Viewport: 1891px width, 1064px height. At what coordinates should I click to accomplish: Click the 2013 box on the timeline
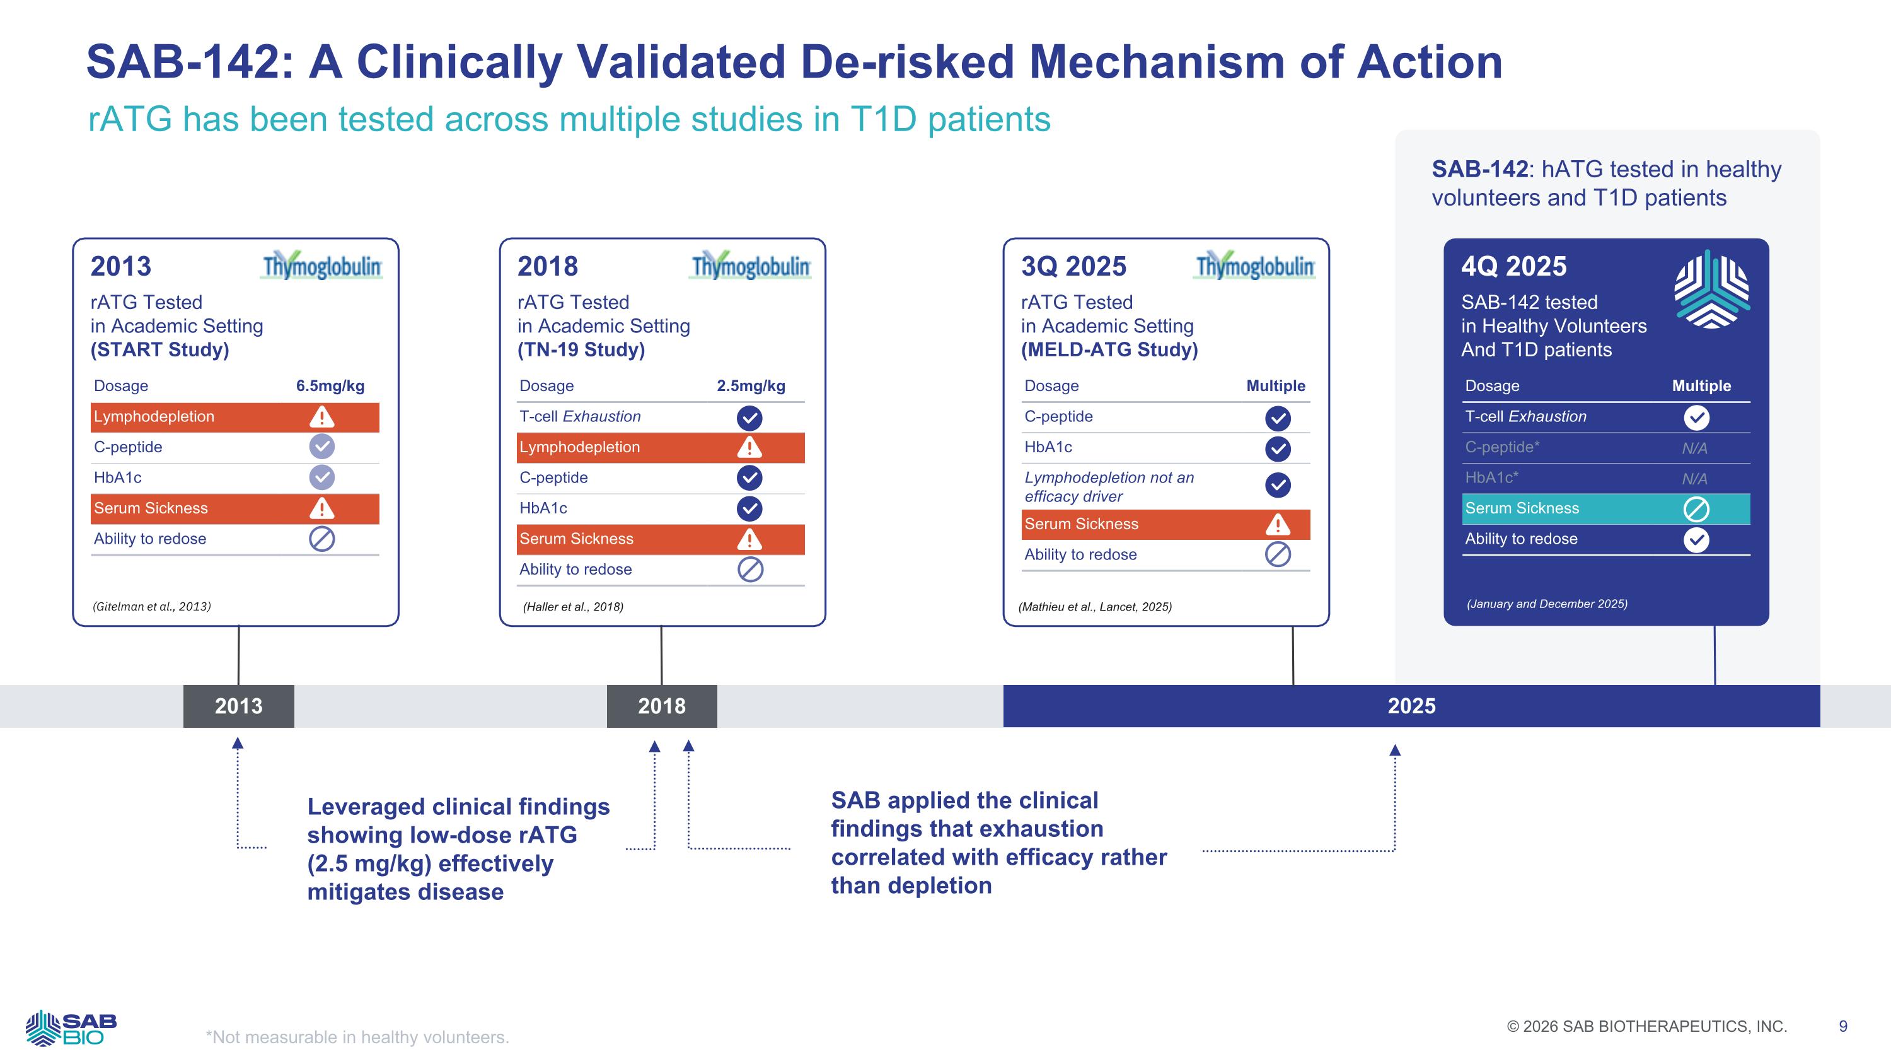tap(238, 706)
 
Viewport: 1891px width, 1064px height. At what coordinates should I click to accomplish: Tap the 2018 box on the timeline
tap(661, 706)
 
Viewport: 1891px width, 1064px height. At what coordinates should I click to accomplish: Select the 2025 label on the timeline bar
tap(1411, 706)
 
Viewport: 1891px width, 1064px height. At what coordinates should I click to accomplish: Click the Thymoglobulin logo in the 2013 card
tap(322, 266)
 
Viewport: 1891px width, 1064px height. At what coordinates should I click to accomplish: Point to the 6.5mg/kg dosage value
tap(330, 386)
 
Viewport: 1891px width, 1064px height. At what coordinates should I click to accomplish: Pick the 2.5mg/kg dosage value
tap(751, 386)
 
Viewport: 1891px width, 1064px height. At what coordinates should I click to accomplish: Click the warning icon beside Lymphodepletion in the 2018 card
tap(749, 447)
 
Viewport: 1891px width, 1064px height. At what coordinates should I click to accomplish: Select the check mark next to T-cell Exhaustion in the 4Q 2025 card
tap(1696, 418)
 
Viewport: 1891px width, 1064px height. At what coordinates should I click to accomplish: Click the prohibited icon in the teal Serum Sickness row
tap(1696, 509)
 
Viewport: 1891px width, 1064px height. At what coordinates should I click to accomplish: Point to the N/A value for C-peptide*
tap(1694, 448)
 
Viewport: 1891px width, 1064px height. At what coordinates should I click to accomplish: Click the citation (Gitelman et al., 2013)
tap(152, 607)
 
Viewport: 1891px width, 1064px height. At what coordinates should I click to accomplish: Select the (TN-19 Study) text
tap(581, 349)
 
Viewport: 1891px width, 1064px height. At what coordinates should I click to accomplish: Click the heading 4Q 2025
tap(1513, 266)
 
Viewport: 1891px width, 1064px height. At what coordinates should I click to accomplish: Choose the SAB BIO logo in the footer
tap(71, 1028)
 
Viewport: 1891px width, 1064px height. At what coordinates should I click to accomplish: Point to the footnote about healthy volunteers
tap(357, 1037)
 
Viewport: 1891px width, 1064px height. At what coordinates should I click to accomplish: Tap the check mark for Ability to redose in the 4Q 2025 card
tap(1696, 540)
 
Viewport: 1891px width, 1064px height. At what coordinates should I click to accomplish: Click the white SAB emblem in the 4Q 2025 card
tap(1712, 289)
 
